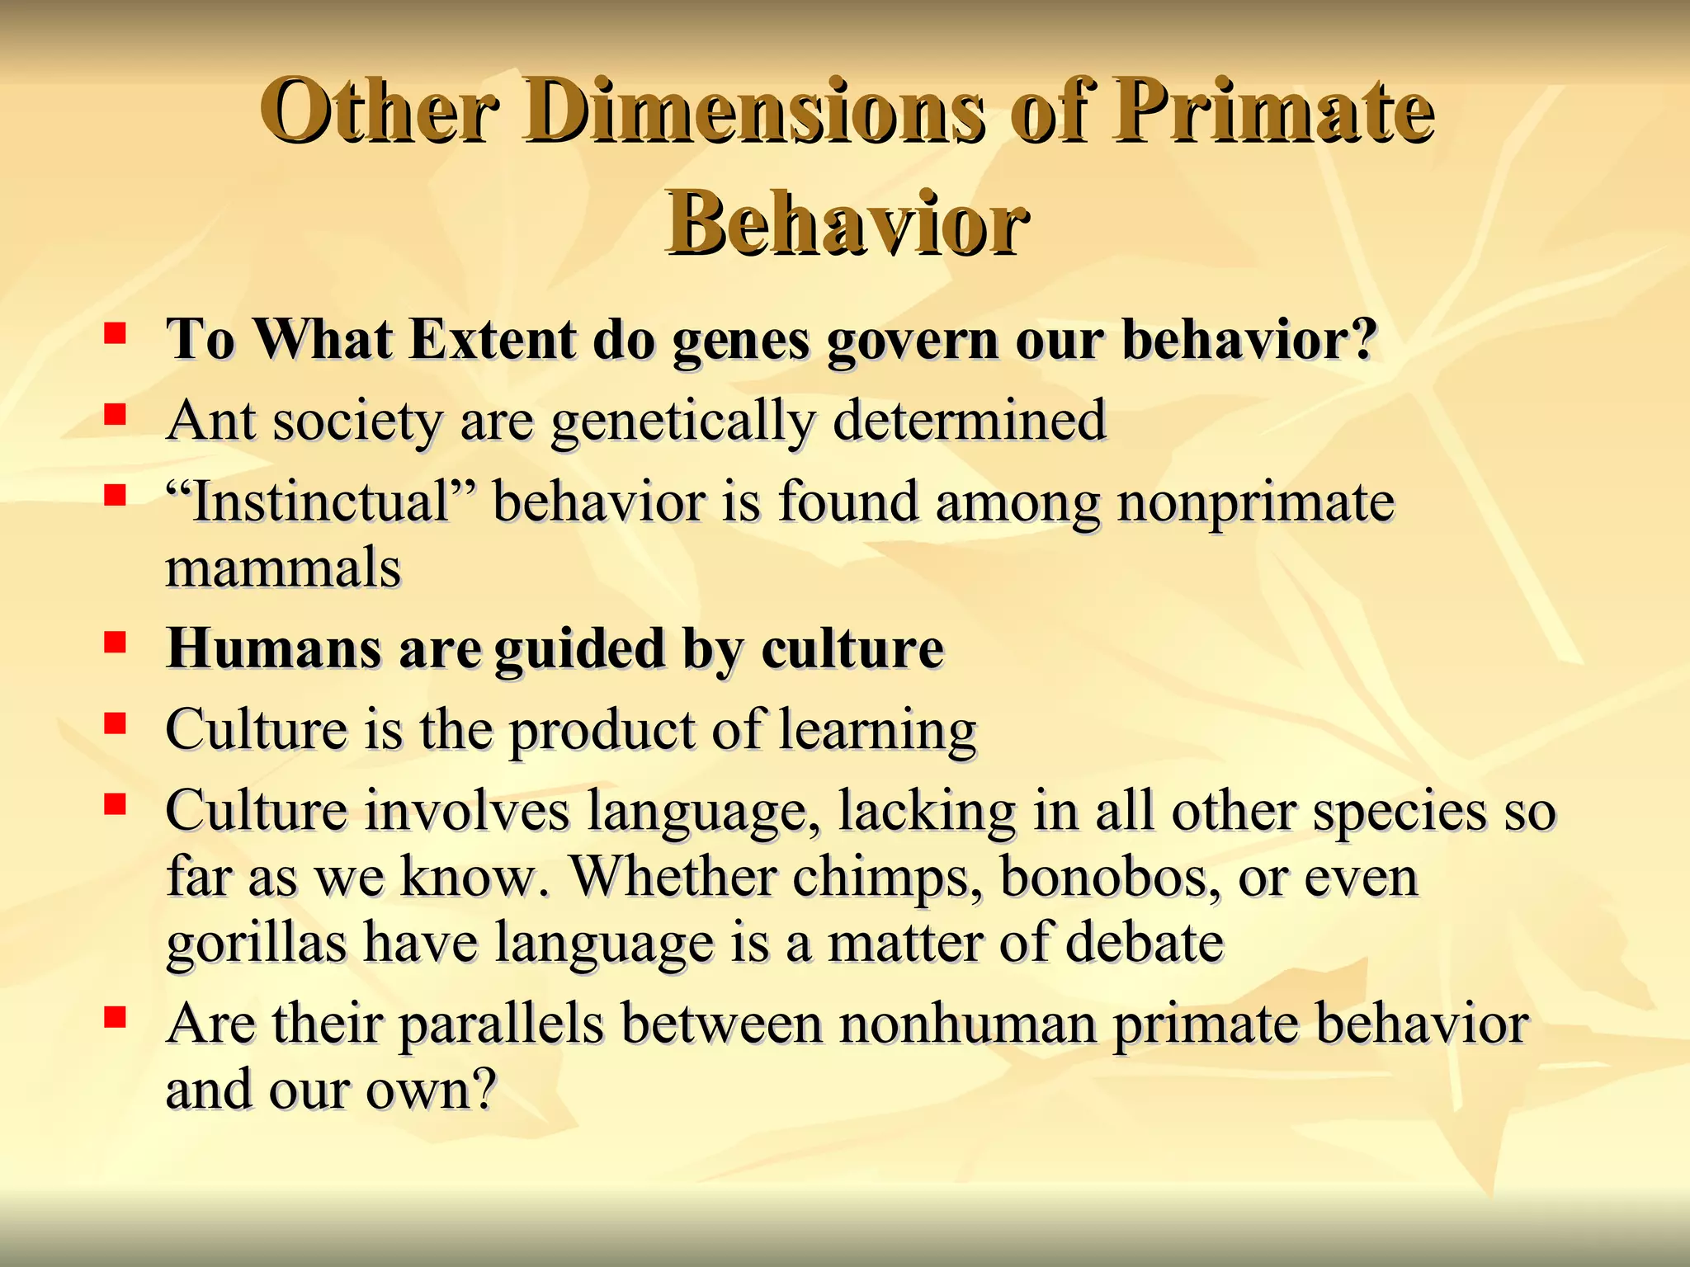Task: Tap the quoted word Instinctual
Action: pyautogui.click(x=320, y=502)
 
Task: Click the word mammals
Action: pyautogui.click(x=283, y=568)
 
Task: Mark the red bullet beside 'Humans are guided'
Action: pyautogui.click(x=115, y=642)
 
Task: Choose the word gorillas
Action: pyautogui.click(x=256, y=944)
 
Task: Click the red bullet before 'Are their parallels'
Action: pyautogui.click(x=115, y=1017)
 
